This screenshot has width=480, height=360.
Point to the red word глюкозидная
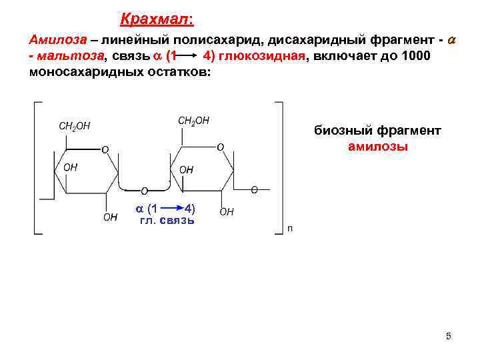click(x=261, y=56)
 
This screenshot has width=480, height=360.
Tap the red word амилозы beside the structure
click(x=378, y=147)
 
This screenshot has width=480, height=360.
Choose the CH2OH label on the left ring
click(x=75, y=125)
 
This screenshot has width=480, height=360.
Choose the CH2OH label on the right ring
click(x=193, y=121)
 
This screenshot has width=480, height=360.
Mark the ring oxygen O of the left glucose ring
click(x=104, y=149)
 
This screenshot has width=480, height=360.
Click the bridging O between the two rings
click(x=144, y=191)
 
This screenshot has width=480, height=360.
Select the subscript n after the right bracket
click(x=289, y=229)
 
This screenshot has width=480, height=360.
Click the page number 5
click(x=449, y=336)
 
